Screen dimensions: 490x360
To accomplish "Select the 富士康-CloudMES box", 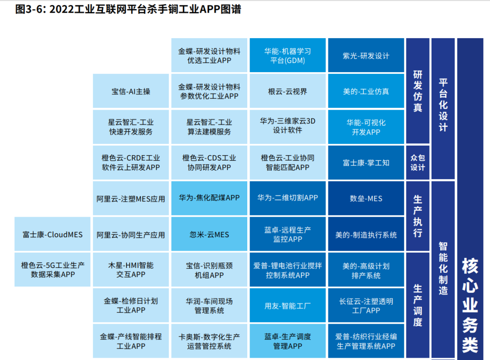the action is pos(53,234).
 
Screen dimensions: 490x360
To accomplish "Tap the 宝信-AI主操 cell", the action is pos(131,91).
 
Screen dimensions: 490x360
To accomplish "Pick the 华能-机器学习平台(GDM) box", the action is pos(288,56).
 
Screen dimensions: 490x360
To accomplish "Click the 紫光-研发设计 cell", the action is pos(366,56).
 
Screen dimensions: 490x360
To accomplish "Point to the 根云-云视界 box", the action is pos(288,91).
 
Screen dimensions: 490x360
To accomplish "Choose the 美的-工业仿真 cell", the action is pos(366,91).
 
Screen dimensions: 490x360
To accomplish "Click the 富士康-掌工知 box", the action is pos(366,163).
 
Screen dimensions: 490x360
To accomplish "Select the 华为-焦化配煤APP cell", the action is pos(209,198).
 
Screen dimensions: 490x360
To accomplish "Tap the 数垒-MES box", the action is pos(366,198).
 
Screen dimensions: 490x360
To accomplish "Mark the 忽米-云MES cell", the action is pos(209,234).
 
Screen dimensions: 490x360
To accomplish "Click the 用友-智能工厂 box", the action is pos(288,306).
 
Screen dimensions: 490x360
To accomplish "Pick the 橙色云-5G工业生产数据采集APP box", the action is pos(53,270).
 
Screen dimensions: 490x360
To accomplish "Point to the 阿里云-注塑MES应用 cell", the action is pos(131,199).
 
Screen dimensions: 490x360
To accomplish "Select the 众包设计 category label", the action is pos(417,163).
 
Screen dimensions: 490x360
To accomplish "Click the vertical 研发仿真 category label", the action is pos(417,91).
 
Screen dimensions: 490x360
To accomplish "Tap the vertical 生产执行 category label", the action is pos(417,216).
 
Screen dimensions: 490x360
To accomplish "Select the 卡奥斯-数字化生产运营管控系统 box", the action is pos(209,341).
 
